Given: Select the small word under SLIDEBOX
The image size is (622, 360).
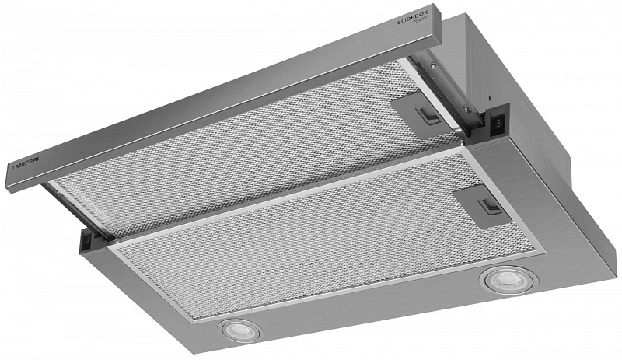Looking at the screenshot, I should [417, 30].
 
